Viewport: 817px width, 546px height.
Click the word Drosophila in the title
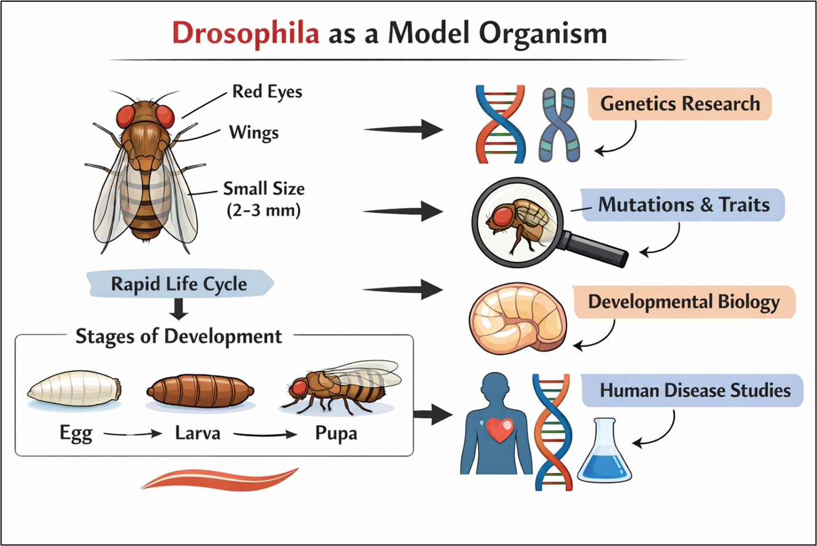245,33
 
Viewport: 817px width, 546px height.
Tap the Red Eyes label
267,92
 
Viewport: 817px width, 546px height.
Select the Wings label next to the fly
254,133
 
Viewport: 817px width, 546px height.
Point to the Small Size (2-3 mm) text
263,199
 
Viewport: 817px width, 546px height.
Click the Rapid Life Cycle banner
179,284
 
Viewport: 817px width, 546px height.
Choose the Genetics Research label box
679,104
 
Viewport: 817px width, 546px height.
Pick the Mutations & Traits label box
683,204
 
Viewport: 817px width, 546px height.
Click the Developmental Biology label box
683,302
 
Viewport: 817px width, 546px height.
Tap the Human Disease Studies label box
694,391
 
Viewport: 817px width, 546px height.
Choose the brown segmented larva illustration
200,391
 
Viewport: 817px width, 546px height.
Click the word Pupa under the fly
336,434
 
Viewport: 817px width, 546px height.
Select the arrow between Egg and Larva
133,434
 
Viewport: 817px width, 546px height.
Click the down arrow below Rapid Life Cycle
179,309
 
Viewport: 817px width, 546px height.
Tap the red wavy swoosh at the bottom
219,478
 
